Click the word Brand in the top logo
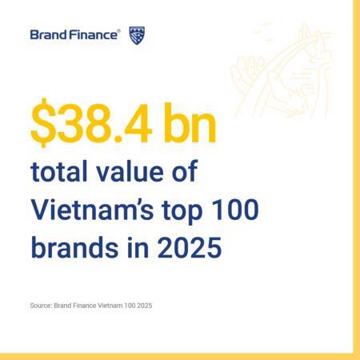point(46,34)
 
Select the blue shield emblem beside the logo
point(137,34)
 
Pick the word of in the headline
point(182,172)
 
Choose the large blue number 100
point(238,209)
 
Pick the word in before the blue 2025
point(135,246)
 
